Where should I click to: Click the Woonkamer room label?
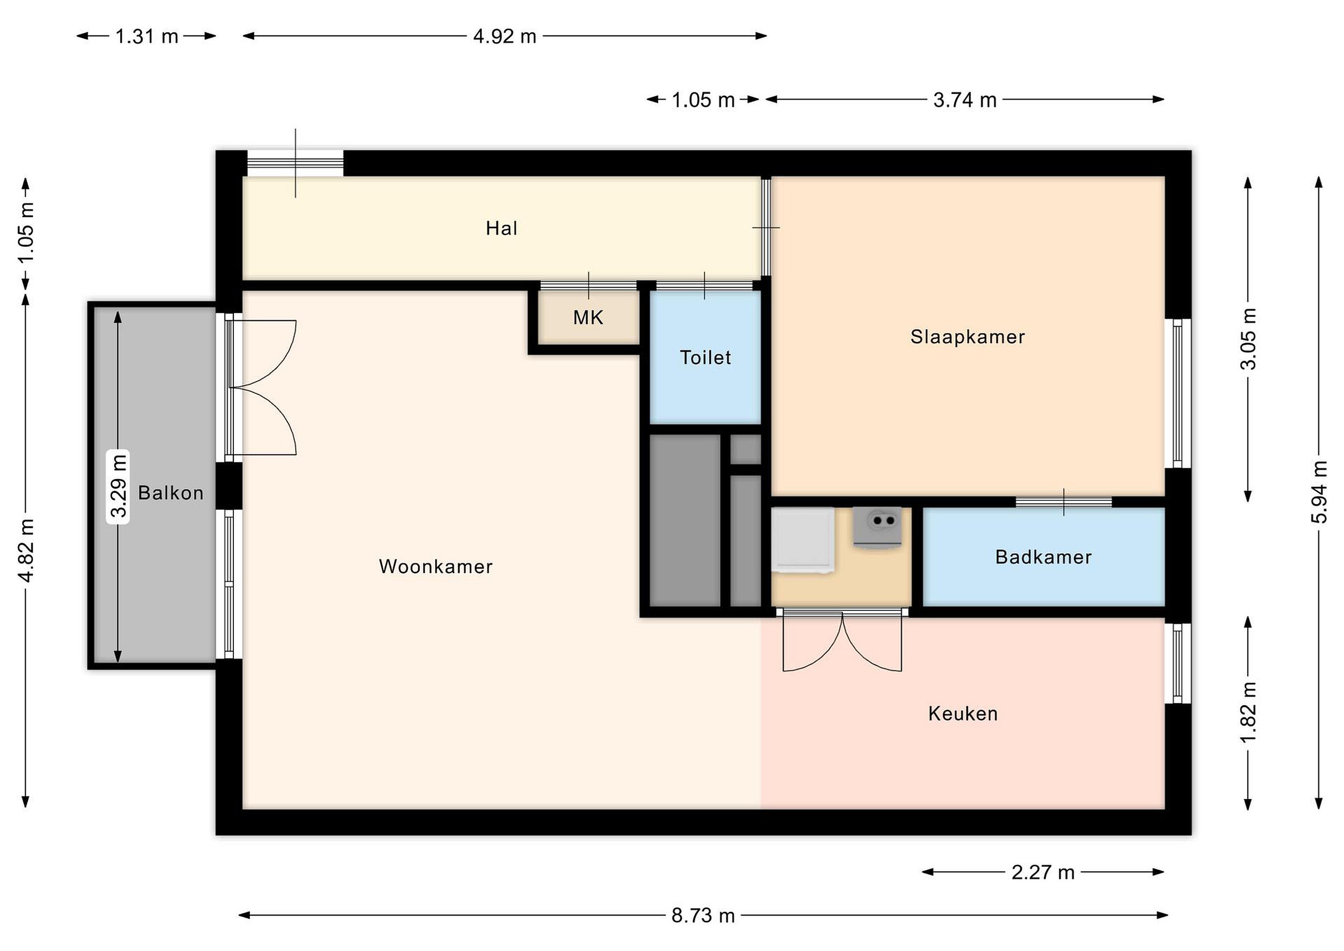[x=435, y=566]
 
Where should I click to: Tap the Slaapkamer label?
[x=967, y=337]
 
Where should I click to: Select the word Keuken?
[x=963, y=713]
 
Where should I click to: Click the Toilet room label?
[x=705, y=357]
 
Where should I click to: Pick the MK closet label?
[x=588, y=317]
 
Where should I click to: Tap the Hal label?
[x=502, y=228]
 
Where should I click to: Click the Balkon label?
[x=171, y=493]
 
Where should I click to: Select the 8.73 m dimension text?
[x=702, y=915]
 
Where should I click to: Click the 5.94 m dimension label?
[x=1319, y=492]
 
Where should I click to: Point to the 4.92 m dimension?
[x=504, y=36]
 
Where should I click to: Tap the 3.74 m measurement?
[x=965, y=100]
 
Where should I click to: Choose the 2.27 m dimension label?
[x=1043, y=873]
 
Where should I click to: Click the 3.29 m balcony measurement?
[x=118, y=486]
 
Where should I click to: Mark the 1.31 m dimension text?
[x=147, y=36]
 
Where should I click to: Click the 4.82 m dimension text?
[x=26, y=550]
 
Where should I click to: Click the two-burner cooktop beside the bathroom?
[x=877, y=527]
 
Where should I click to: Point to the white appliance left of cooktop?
[x=803, y=540]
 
